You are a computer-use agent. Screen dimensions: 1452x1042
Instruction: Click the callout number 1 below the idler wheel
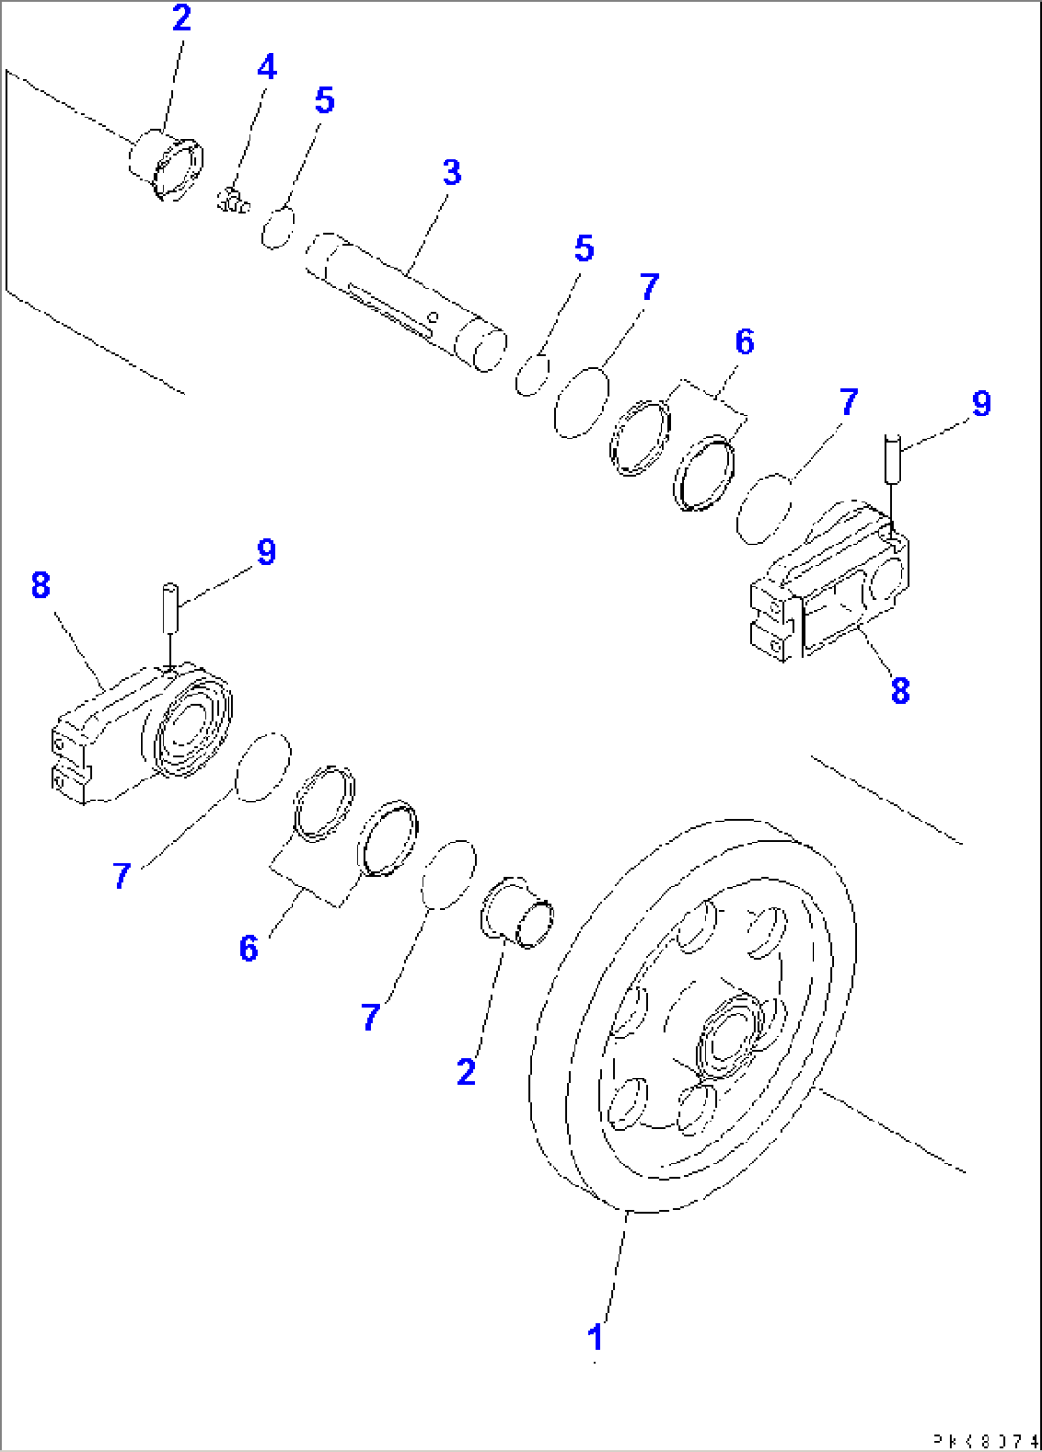(596, 1336)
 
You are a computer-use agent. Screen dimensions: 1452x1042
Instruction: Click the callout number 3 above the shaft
(451, 173)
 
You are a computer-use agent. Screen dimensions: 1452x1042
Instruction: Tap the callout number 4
(267, 67)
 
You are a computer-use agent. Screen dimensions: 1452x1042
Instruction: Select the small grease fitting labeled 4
(230, 201)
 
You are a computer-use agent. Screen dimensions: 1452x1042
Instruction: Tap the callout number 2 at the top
(182, 18)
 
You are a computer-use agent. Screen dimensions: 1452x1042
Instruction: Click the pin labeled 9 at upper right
(892, 456)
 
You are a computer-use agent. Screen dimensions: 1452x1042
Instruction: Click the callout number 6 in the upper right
(745, 342)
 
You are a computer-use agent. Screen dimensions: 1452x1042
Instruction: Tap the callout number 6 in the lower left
(249, 948)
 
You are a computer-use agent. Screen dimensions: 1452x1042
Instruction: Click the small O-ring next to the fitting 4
(278, 228)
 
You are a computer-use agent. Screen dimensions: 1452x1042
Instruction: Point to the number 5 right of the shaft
(584, 248)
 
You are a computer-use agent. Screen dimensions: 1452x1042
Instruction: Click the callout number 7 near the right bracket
(849, 401)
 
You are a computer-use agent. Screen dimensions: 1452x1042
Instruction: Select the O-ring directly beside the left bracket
(262, 767)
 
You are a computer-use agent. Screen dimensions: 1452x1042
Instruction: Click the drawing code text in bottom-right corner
(985, 1440)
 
